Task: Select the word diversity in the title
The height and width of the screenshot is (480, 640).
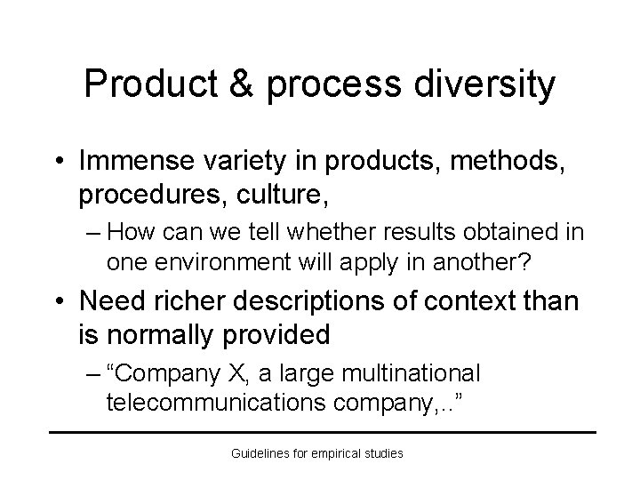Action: [x=484, y=84]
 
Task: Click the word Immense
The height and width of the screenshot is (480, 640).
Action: [x=132, y=162]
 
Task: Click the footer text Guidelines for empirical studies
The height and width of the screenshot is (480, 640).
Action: [x=317, y=453]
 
